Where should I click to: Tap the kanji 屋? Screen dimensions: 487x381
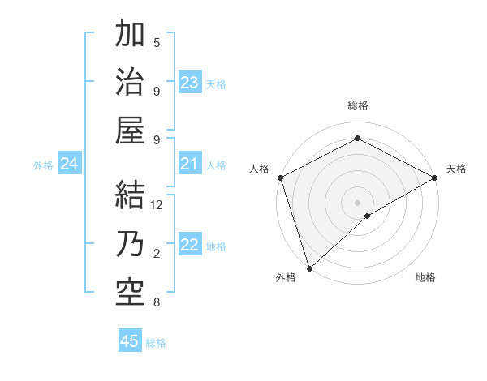coord(130,131)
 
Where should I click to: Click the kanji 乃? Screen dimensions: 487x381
coord(130,244)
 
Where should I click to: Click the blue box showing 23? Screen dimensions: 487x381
coord(190,83)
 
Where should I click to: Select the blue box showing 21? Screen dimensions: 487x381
coord(190,165)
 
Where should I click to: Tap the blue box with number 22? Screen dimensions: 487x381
coord(190,246)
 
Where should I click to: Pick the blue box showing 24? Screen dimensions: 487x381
coord(70,165)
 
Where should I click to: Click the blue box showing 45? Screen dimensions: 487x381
coord(130,341)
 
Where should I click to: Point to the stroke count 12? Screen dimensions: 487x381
coord(157,205)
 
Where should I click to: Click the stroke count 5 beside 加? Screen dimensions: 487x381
coord(157,42)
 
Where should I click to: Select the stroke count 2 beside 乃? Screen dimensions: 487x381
coord(157,254)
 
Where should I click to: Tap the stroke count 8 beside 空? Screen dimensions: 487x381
coord(157,302)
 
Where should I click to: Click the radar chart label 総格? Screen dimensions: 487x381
coord(358,105)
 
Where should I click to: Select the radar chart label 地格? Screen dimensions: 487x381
coord(425,277)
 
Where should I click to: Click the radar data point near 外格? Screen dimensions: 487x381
coord(308,268)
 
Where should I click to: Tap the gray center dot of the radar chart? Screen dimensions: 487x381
coord(357,202)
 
